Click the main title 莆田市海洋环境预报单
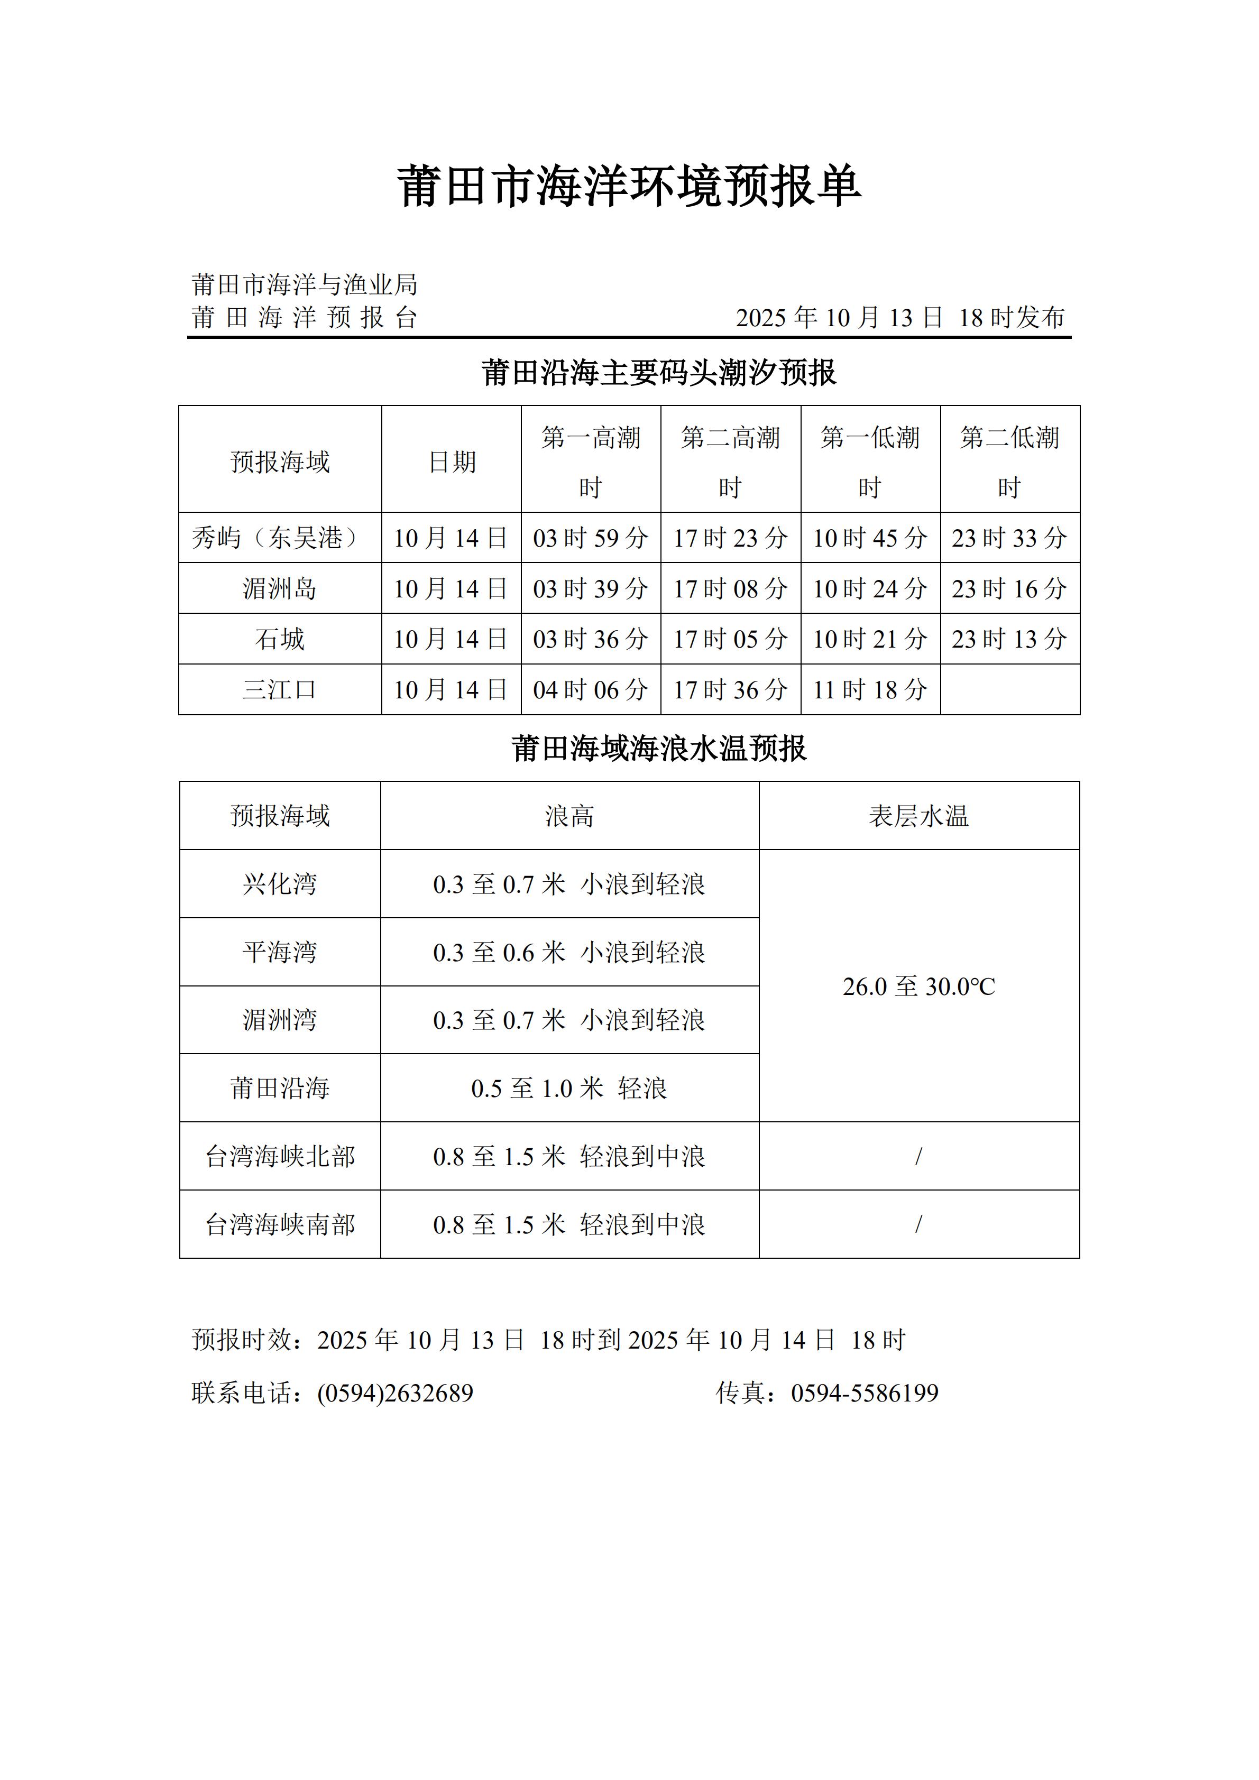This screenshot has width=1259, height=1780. [629, 187]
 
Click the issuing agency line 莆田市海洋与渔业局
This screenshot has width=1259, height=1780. [305, 284]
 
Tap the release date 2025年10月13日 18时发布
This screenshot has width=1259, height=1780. [899, 317]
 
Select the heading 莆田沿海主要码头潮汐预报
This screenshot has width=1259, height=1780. [659, 373]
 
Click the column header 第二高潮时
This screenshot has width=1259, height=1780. [730, 462]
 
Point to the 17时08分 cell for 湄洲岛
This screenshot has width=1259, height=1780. [730, 588]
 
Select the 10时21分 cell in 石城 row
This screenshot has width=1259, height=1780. [870, 639]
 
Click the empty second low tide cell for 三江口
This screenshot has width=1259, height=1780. [1009, 689]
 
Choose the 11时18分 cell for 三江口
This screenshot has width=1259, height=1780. [870, 689]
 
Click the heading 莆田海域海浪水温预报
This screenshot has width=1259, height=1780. [659, 749]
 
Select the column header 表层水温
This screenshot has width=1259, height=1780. [918, 816]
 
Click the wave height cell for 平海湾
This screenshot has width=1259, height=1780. [569, 952]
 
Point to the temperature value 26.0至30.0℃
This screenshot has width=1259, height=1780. [918, 986]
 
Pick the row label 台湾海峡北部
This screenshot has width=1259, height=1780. [280, 1156]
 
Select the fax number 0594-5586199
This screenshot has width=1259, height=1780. [865, 1393]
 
